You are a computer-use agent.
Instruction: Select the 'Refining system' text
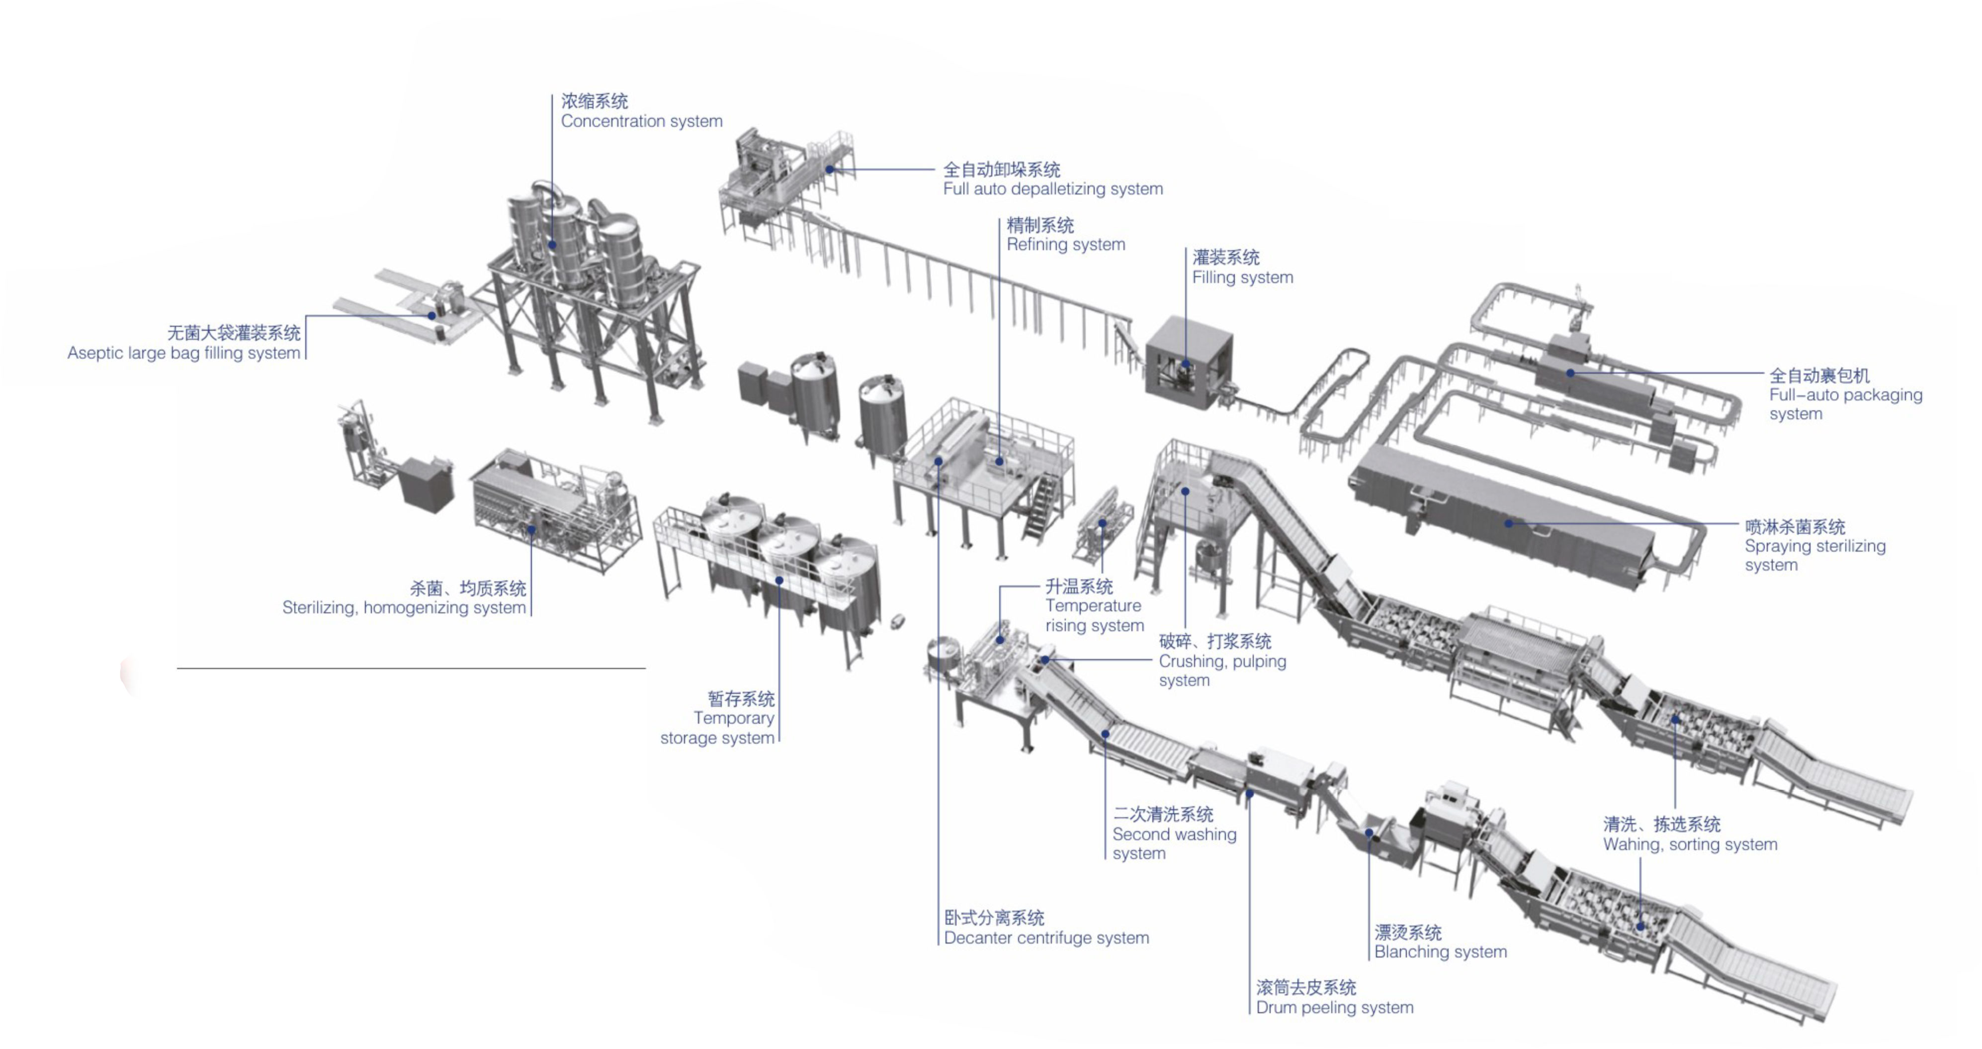[x=1066, y=245]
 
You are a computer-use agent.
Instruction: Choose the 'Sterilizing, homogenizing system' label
[x=404, y=607]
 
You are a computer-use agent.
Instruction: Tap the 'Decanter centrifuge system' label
[x=1046, y=938]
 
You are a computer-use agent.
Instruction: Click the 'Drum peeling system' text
[x=1334, y=1007]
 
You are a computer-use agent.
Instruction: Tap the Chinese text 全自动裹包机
[x=1819, y=376]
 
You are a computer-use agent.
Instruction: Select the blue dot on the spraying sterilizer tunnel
[x=1509, y=523]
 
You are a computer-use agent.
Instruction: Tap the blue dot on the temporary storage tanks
[x=779, y=580]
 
